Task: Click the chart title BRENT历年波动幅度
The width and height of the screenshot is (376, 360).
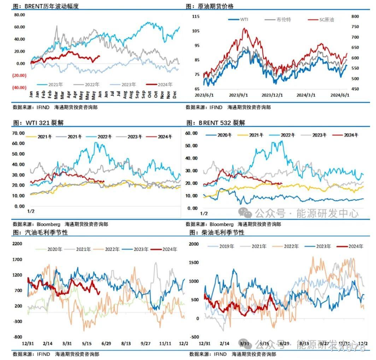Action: coord(52,6)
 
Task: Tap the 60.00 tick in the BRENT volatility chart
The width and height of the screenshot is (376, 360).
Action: coord(19,27)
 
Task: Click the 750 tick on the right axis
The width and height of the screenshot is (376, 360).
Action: coord(355,27)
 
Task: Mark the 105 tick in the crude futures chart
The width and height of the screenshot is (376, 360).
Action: coord(196,31)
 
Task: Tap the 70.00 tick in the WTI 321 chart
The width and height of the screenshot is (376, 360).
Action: coord(18,133)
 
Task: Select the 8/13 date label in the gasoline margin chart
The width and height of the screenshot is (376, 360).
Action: coord(126,343)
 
